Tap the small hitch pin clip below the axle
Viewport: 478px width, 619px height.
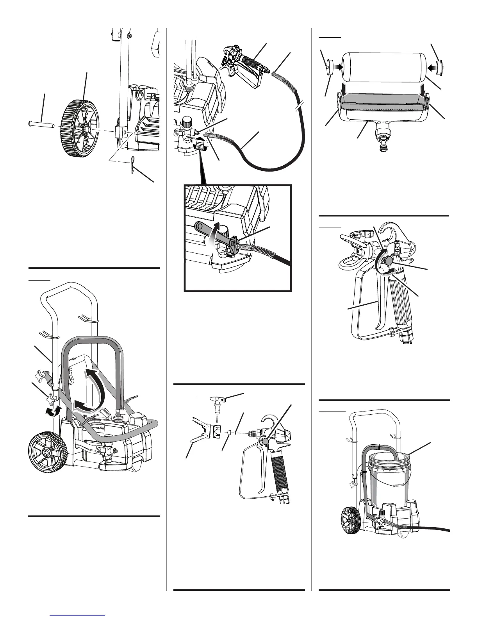134,166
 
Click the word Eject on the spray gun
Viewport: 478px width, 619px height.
355,236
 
